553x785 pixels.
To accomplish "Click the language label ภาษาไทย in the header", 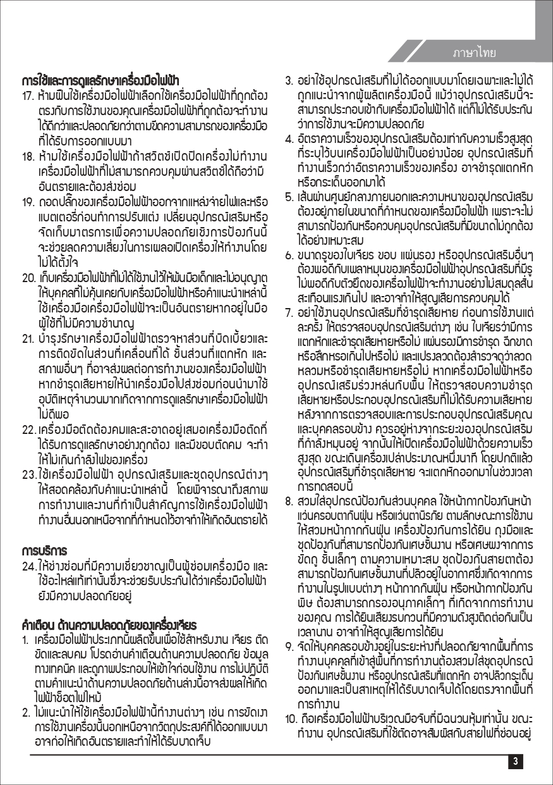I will [474, 52].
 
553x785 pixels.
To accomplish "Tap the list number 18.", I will [28, 156].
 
